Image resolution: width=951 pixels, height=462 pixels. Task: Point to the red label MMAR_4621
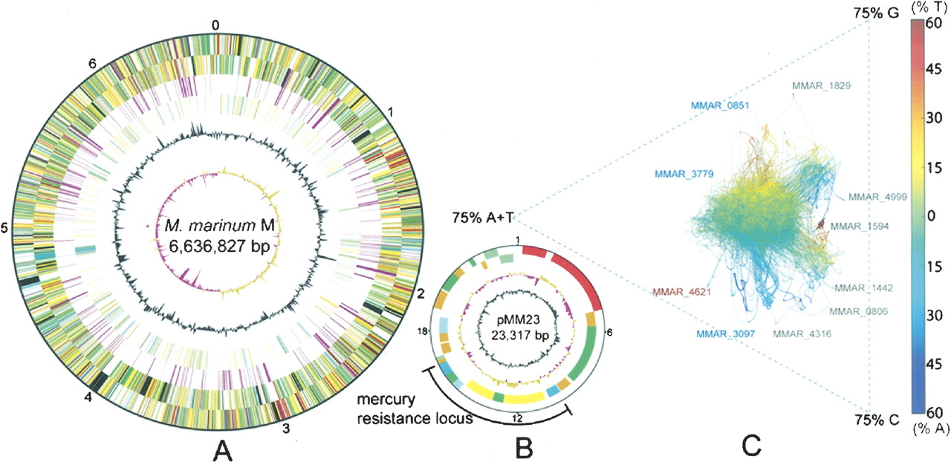click(x=681, y=292)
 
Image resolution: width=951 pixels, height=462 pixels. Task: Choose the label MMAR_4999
click(x=877, y=197)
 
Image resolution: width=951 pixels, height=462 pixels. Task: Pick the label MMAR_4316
click(x=802, y=334)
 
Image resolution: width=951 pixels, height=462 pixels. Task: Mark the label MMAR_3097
click(x=725, y=334)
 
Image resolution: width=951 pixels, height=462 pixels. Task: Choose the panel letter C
click(x=751, y=444)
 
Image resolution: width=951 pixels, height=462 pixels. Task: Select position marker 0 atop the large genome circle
click(x=215, y=25)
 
